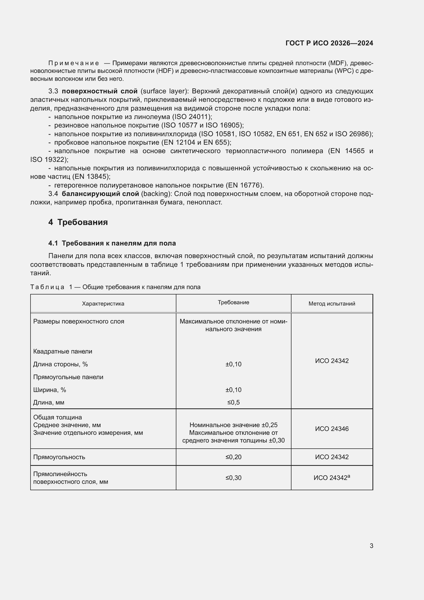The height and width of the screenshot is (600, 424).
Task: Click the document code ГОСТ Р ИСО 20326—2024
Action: (x=329, y=43)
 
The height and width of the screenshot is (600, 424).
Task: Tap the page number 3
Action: (x=371, y=546)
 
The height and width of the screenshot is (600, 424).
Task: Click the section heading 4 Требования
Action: (x=78, y=222)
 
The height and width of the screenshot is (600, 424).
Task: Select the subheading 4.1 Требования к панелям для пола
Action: (x=112, y=243)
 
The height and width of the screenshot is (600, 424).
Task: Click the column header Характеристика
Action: (x=103, y=304)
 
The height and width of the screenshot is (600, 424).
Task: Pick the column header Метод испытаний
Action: (x=331, y=304)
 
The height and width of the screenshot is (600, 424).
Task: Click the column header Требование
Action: (x=234, y=302)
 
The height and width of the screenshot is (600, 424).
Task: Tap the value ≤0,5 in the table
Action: (x=234, y=402)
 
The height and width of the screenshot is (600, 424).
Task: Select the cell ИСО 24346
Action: (x=331, y=429)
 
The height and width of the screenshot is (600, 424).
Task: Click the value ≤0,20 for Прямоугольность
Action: (x=234, y=457)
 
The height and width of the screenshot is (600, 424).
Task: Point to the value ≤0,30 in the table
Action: (x=234, y=478)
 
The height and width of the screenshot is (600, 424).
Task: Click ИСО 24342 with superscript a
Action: (x=331, y=478)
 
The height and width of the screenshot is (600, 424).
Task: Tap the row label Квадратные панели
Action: (x=63, y=351)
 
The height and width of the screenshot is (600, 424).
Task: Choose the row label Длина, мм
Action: (x=48, y=402)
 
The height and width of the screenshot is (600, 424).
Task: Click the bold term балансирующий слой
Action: (x=100, y=194)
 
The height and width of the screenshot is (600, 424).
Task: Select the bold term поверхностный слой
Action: (x=99, y=91)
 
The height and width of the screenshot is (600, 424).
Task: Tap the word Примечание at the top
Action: (x=74, y=63)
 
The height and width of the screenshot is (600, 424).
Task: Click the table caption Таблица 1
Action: (x=51, y=287)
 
